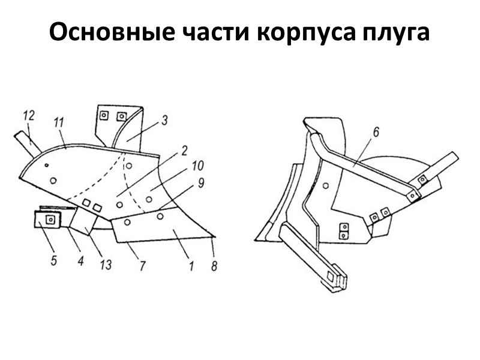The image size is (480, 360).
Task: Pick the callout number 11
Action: tap(59, 122)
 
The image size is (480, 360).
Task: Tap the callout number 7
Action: tap(142, 265)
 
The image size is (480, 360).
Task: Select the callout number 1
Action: tap(191, 265)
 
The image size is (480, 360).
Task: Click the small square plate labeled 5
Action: tap(46, 220)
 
